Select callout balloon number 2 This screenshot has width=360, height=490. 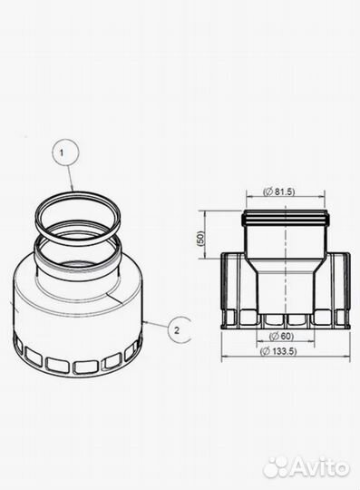click(x=179, y=330)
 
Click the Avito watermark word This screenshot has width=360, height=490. click(x=317, y=468)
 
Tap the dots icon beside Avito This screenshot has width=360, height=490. click(x=276, y=467)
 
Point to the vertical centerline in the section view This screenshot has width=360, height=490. click(x=285, y=272)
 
